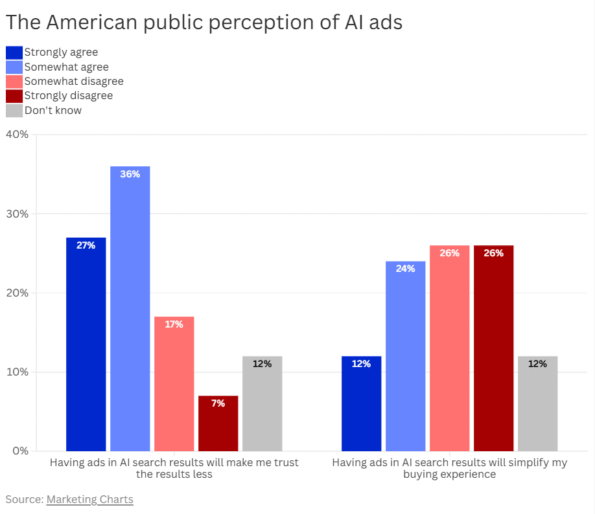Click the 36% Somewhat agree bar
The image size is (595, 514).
click(x=130, y=309)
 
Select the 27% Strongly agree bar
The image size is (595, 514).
click(x=86, y=344)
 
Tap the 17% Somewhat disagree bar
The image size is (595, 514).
click(x=174, y=384)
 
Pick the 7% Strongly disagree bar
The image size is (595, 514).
click(x=218, y=423)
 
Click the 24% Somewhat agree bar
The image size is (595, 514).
click(x=406, y=356)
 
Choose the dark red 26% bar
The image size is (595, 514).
click(x=494, y=348)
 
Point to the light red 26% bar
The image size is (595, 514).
click(x=450, y=348)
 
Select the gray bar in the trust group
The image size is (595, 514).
click(x=262, y=404)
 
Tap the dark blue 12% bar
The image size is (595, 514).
click(x=361, y=404)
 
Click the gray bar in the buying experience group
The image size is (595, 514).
click(x=538, y=404)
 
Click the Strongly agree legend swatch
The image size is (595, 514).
click(x=14, y=52)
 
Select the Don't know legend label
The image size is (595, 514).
click(x=53, y=110)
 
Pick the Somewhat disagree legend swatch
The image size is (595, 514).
click(x=14, y=82)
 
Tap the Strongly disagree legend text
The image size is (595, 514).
click(x=69, y=96)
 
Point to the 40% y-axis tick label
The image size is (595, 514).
click(x=17, y=135)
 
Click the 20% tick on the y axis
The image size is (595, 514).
click(x=17, y=293)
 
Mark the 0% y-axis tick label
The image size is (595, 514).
click(x=21, y=451)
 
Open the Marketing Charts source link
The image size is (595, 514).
click(x=90, y=500)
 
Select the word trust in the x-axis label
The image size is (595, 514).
click(x=285, y=462)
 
